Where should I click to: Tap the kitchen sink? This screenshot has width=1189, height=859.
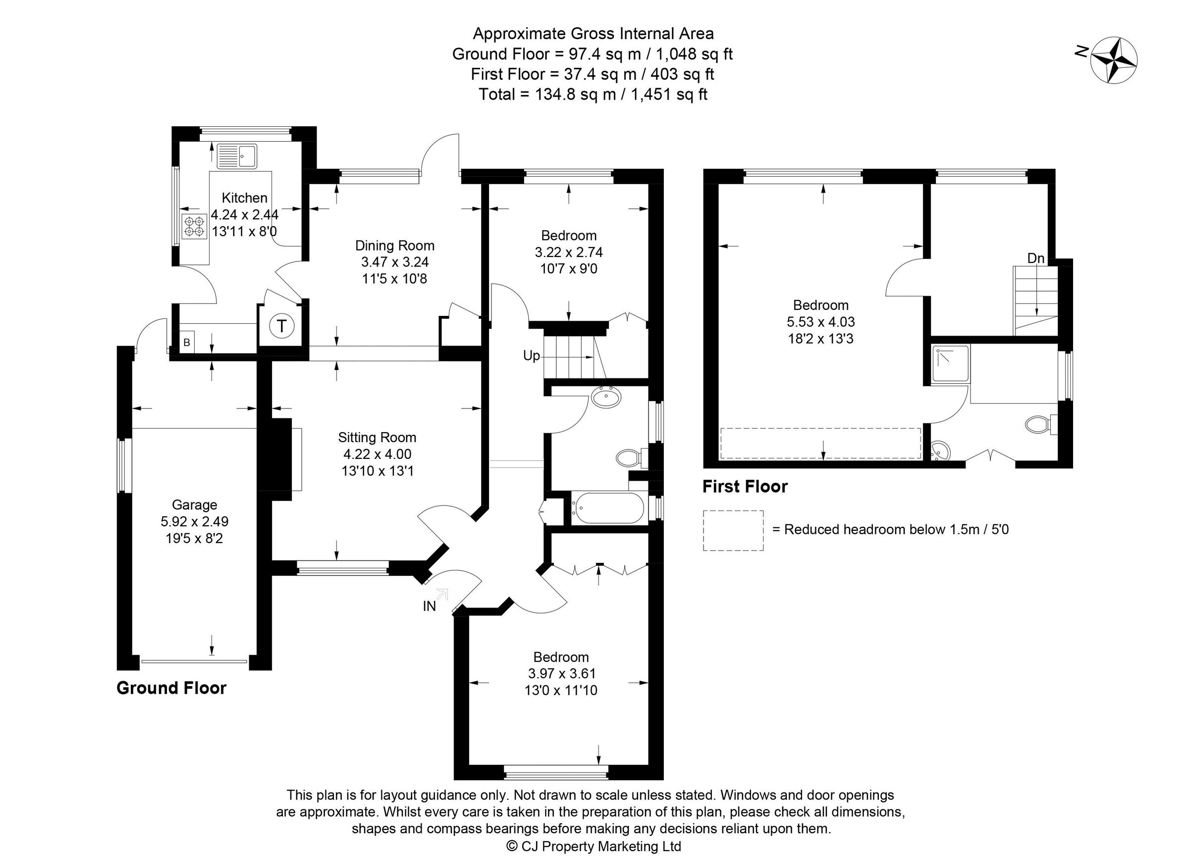tap(237, 155)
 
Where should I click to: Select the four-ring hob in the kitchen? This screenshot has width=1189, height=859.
tap(193, 226)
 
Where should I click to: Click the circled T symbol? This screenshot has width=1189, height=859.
tap(282, 326)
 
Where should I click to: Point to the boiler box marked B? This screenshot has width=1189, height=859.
tap(187, 343)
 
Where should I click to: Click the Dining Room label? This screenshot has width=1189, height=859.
tap(394, 245)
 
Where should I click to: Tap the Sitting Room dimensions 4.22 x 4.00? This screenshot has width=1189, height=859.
tap(377, 454)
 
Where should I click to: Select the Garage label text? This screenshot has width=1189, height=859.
tap(194, 505)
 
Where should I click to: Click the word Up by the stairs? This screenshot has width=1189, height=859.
tap(531, 356)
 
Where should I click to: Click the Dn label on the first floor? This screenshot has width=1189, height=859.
tap(1035, 258)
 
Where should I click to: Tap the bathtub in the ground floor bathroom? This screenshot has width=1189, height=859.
tap(607, 507)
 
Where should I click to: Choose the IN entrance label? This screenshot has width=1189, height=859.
tap(429, 606)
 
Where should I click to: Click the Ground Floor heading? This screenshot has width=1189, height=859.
tap(171, 688)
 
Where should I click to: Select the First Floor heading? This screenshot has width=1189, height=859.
tap(745, 487)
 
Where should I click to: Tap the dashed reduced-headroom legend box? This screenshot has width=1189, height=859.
tap(732, 530)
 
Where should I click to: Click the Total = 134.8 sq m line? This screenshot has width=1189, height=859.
tap(593, 94)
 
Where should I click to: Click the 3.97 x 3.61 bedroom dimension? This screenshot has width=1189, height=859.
tap(561, 673)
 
